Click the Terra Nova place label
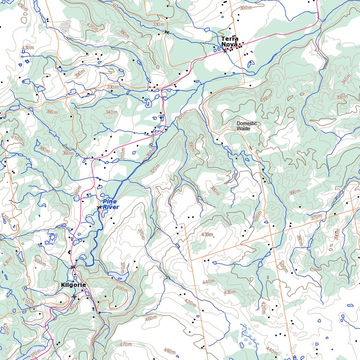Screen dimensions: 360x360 point(230,41)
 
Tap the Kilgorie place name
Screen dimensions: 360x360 point(73,285)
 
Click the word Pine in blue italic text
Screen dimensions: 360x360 point(109,201)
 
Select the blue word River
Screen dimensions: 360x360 point(111,207)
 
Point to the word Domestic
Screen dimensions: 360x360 point(247,123)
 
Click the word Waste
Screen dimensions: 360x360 point(244,128)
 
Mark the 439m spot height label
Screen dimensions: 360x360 point(207,234)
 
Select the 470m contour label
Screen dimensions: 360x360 point(126,345)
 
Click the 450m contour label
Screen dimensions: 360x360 point(22,6)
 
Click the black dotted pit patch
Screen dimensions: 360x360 point(67,26)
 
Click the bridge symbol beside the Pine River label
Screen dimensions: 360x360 point(99,207)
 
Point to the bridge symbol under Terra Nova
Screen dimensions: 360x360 point(225,51)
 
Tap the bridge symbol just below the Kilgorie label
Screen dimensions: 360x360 point(74,296)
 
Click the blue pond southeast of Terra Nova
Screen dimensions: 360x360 point(248,63)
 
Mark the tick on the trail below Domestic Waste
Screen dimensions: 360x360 point(251,148)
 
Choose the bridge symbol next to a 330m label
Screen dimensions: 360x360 point(166,32)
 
